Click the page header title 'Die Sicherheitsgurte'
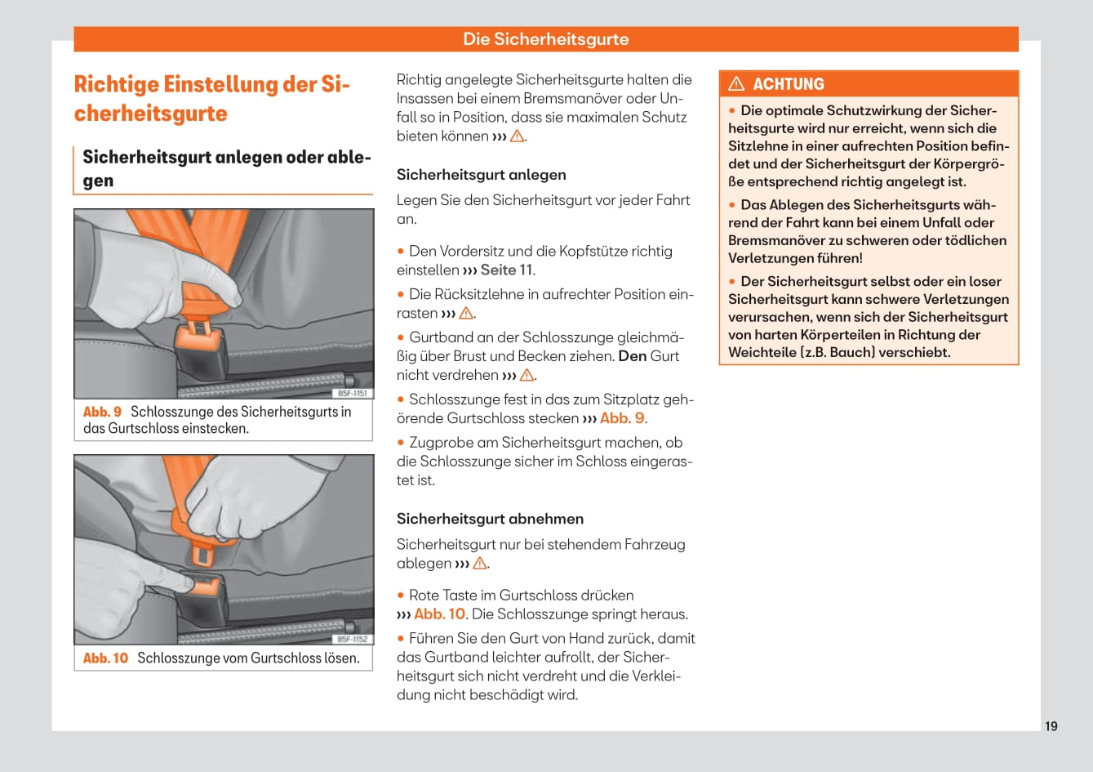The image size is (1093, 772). point(545,39)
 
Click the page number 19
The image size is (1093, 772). point(1051,726)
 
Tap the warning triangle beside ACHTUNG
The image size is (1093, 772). point(736,84)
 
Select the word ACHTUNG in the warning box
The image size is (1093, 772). point(789,84)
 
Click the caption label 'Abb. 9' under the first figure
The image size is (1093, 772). point(102,412)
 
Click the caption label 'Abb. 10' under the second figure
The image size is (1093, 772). point(105,658)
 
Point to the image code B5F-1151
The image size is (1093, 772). point(353,394)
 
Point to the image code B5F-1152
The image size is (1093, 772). point(353,640)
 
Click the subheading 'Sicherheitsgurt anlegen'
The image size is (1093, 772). point(481,175)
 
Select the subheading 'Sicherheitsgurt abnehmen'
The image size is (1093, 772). point(490,519)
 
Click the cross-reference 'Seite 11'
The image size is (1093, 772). point(506,270)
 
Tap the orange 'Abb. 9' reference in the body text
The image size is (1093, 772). point(622,418)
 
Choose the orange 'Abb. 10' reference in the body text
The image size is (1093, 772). point(439,614)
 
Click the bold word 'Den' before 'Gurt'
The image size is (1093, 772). point(632,356)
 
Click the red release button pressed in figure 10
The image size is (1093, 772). point(204,585)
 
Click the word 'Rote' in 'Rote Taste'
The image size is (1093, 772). point(424,595)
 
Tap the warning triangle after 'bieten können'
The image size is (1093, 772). point(517,136)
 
